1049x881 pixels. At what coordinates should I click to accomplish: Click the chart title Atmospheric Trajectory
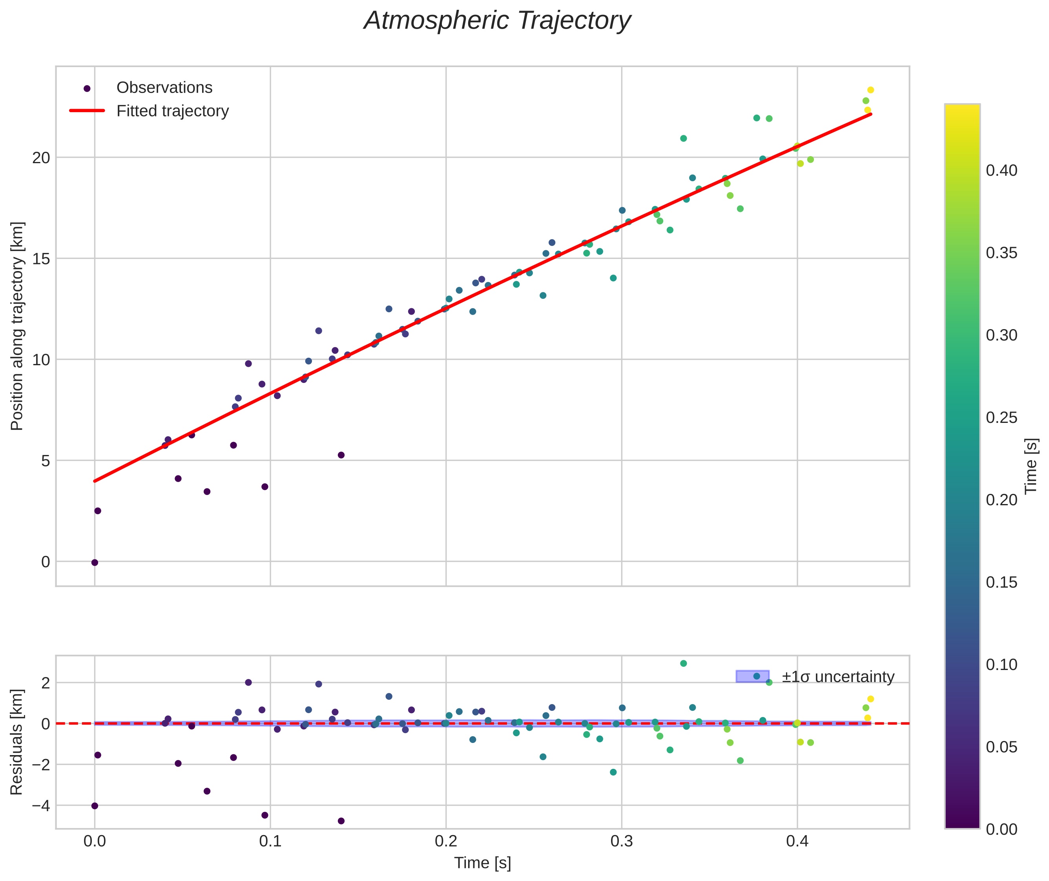[x=497, y=21]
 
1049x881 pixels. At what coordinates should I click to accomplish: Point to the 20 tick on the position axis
[x=42, y=158]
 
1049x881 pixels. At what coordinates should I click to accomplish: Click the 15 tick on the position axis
[x=42, y=259]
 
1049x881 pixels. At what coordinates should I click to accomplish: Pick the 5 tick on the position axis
[x=46, y=461]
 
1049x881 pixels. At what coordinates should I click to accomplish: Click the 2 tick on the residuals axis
[x=46, y=683]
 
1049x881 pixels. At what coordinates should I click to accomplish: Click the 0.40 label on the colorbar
[x=1001, y=171]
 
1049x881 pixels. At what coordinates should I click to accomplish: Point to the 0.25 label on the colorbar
[x=1001, y=417]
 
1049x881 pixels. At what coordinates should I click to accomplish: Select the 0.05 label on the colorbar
[x=1001, y=747]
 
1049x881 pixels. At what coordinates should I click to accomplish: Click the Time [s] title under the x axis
[x=482, y=863]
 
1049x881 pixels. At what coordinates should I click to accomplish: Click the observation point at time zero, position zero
[x=95, y=563]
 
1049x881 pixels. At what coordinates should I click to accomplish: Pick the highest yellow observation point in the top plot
[x=870, y=90]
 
